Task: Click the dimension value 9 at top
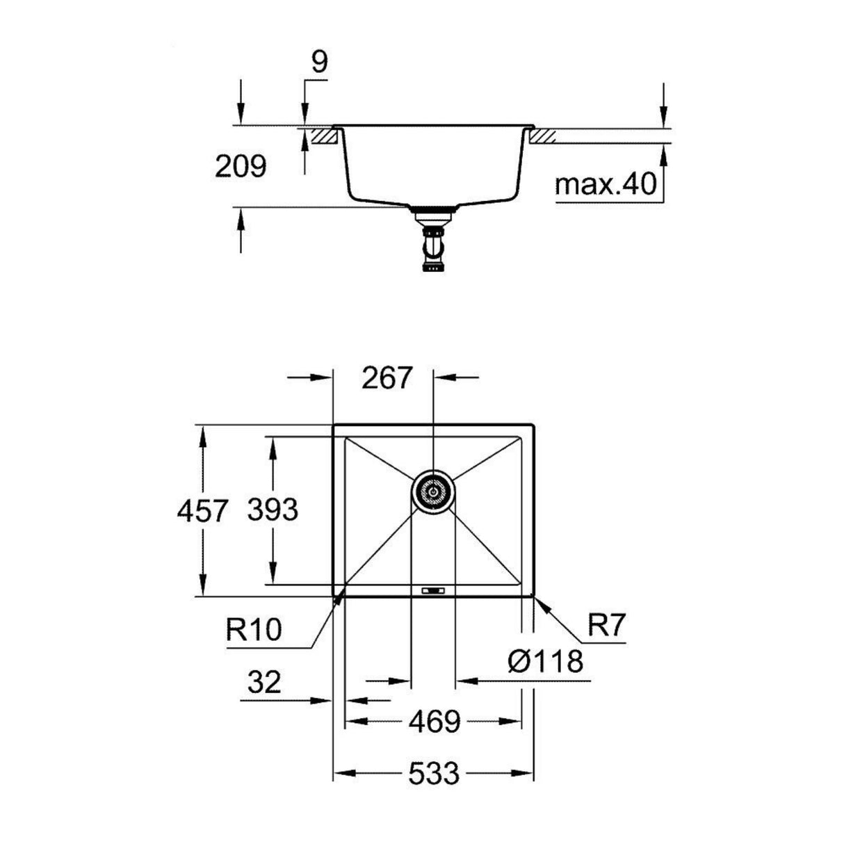[318, 63]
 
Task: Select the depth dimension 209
[240, 166]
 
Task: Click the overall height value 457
[202, 512]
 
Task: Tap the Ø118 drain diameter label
[545, 661]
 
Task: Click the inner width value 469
[435, 722]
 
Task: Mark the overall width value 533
[434, 772]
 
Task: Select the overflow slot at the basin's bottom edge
[433, 590]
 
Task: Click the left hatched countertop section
[324, 135]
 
